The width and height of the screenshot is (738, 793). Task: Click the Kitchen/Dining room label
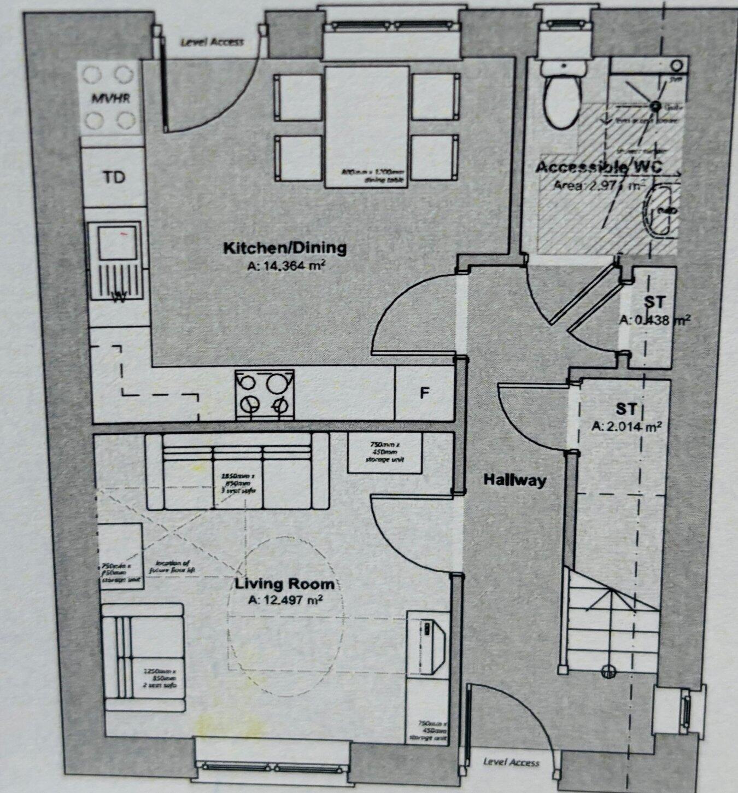tap(285, 248)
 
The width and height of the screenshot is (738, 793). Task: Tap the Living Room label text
tap(282, 584)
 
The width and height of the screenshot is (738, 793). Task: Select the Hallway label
tap(514, 480)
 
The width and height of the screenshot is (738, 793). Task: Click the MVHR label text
tap(110, 99)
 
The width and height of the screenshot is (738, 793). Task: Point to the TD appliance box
tap(114, 177)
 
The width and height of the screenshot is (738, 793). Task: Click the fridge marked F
tap(424, 393)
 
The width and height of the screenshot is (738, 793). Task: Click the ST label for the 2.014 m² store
tap(626, 409)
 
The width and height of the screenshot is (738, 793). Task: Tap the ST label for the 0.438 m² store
tap(654, 302)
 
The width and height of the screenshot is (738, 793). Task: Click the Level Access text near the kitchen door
tap(212, 42)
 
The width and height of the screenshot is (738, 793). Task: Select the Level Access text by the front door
tap(511, 762)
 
